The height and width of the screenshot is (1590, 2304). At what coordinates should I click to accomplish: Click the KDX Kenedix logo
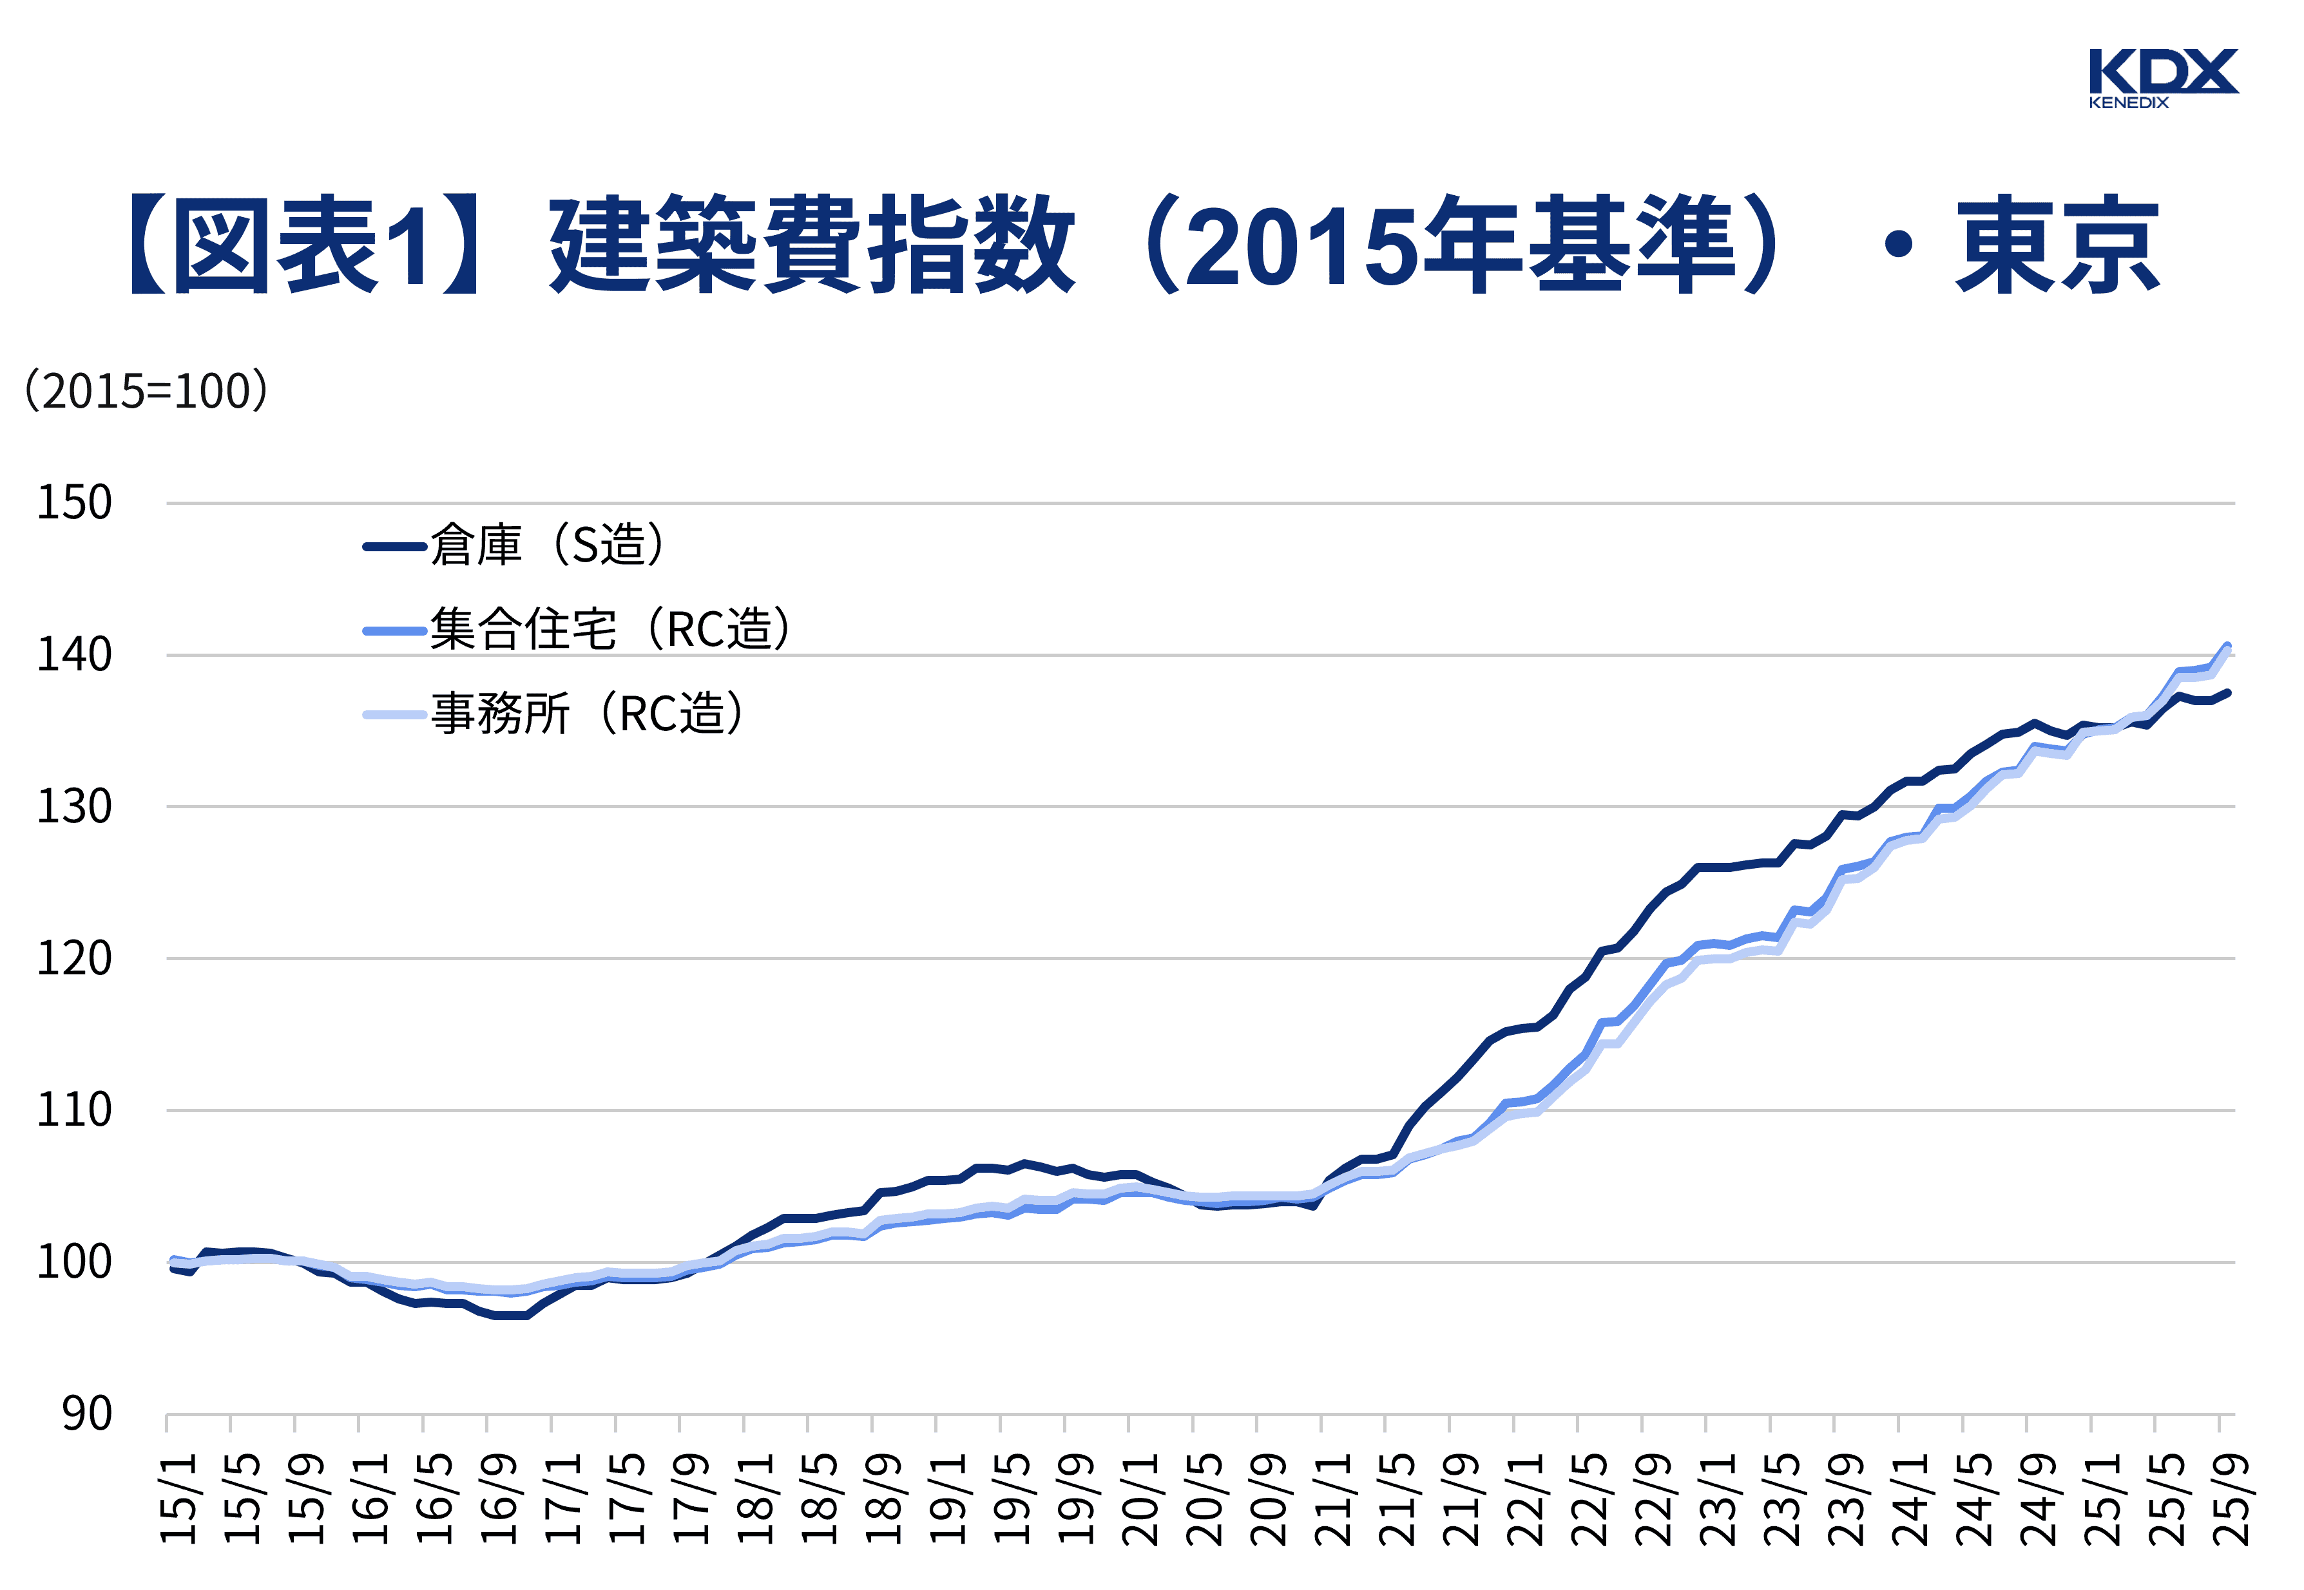pos(2162,77)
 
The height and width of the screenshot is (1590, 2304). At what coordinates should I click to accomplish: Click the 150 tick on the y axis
pos(73,502)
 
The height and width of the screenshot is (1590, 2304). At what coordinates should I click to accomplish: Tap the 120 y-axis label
pos(73,958)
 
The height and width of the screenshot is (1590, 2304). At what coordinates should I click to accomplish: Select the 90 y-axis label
pos(87,1414)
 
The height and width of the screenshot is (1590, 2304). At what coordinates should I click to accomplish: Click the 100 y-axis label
pos(73,1262)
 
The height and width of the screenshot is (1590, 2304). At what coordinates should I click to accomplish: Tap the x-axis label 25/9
pos(2232,1499)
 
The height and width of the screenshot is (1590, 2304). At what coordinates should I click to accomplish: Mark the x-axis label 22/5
pos(1591,1499)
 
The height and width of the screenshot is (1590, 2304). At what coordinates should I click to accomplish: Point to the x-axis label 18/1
pos(758,1499)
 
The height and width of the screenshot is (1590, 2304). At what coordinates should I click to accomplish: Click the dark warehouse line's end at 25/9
pos(2227,692)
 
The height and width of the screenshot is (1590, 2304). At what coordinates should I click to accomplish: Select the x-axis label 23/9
pos(1847,1499)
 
